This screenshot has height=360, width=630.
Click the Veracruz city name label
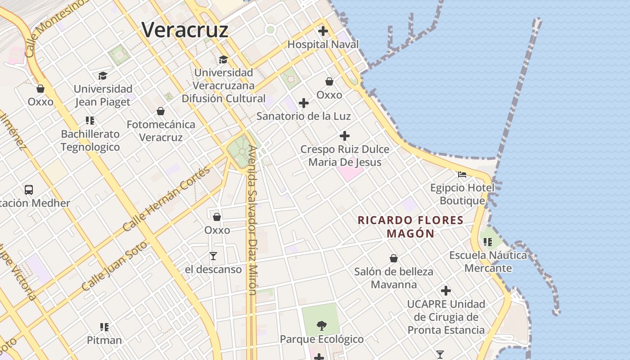coord(185,30)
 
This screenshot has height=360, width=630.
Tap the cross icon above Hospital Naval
coord(323,31)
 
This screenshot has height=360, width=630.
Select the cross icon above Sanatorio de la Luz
coord(304,103)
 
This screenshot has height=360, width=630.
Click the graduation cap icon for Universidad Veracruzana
coord(223,59)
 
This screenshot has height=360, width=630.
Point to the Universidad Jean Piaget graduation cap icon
coord(103,76)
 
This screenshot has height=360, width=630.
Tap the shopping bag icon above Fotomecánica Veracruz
coord(161,111)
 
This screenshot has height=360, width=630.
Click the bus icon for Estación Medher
coord(29,189)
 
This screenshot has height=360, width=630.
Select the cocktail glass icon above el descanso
coord(213,256)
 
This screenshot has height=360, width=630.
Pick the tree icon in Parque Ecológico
coord(321,325)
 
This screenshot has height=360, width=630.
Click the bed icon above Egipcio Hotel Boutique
coord(462,174)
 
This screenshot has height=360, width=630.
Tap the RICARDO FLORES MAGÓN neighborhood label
coord(410,227)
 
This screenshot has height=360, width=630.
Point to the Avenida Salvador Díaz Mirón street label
coord(252,220)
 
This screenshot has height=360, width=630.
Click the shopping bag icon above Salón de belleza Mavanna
coord(394,258)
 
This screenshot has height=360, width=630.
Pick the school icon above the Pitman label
coord(104,327)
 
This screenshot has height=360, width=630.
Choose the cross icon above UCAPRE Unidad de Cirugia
coord(446,291)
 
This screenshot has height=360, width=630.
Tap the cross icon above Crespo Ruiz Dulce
coord(345,136)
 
